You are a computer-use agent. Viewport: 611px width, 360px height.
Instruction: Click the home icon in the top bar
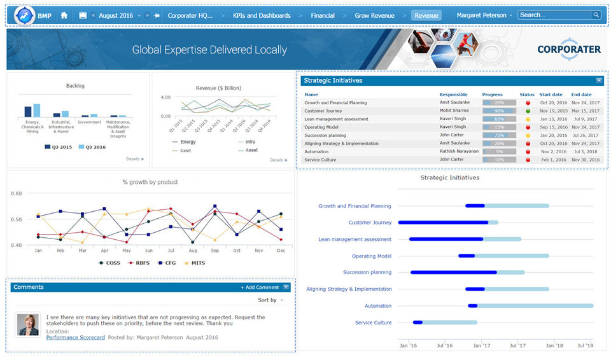(x=64, y=15)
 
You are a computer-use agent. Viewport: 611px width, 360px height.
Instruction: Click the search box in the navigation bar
(x=555, y=15)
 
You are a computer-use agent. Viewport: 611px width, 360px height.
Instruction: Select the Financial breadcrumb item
(x=323, y=15)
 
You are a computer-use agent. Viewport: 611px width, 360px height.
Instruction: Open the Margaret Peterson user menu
(x=484, y=15)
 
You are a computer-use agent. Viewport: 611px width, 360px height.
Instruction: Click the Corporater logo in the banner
(x=568, y=49)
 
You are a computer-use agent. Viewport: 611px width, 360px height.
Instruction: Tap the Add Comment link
(x=260, y=287)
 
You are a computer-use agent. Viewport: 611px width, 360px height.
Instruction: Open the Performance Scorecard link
(x=76, y=337)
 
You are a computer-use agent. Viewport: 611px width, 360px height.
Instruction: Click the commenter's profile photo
(x=28, y=324)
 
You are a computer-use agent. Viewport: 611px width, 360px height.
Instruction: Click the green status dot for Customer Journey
(x=528, y=111)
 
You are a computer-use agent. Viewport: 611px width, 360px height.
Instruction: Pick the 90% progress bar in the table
(x=499, y=111)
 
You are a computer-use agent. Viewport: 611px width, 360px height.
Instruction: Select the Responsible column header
(x=453, y=95)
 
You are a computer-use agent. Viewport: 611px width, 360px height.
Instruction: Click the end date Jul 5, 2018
(x=585, y=151)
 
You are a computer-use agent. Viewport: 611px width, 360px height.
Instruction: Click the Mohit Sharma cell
(x=454, y=111)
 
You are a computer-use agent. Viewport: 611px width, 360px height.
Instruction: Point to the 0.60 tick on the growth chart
(x=17, y=193)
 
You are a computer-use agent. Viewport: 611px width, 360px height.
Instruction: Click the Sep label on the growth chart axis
(x=214, y=251)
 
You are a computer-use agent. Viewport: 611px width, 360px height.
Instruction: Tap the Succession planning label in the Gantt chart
(x=367, y=272)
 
